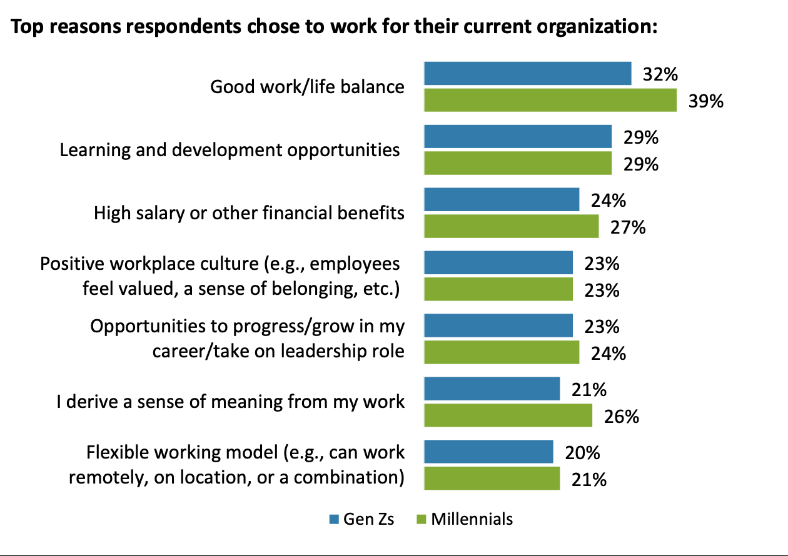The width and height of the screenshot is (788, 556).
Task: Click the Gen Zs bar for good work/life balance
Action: pos(527,74)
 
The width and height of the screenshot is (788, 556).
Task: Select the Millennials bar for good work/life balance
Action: pos(550,101)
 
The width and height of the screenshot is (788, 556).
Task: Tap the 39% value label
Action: pos(706,101)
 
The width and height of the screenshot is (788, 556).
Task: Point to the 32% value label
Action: pos(660,74)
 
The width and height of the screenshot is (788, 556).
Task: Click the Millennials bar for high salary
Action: pos(511,226)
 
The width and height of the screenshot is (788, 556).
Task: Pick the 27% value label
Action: pos(628,227)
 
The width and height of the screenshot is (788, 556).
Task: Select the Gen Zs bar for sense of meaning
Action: pos(492,389)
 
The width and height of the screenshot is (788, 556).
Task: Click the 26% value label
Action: pos(622,415)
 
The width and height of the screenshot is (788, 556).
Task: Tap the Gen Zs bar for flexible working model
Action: pos(488,452)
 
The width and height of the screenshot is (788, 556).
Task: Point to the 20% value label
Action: pos(583,452)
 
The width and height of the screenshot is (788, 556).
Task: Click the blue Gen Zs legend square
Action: pos(334,519)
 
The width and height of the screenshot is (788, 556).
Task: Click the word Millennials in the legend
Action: pos(472,519)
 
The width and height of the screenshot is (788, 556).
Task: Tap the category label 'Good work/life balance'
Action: pos(307,87)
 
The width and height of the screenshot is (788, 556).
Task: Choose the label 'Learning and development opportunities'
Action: pos(230,150)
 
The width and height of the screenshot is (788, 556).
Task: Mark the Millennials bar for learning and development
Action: pos(517,164)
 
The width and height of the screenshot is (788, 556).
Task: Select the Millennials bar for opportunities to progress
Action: pos(502,352)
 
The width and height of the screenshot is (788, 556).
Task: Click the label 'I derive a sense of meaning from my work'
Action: pos(230,402)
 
